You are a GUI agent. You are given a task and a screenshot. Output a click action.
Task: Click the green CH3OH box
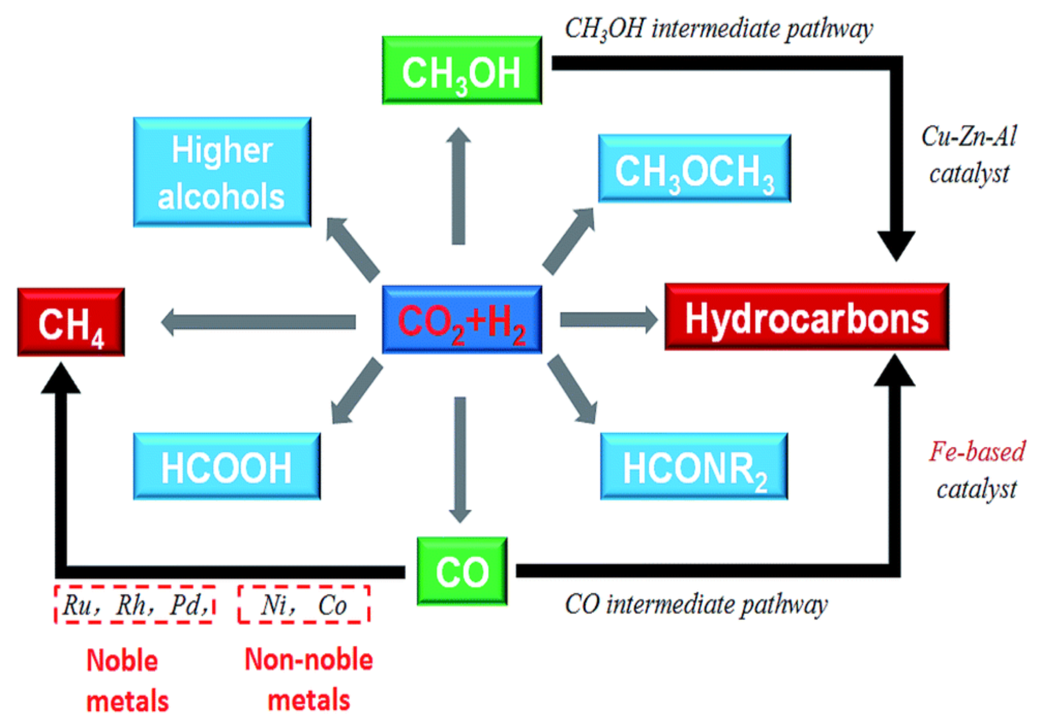(462, 71)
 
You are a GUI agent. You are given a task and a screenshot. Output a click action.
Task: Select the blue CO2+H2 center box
(462, 319)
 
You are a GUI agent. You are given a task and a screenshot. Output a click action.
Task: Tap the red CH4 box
(71, 323)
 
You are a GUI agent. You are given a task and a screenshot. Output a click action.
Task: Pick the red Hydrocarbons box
(806, 317)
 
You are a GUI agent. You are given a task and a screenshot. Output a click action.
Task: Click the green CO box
(462, 571)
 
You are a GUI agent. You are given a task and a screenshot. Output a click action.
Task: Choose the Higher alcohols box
(222, 172)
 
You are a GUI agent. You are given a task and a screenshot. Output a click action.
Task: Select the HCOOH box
(226, 467)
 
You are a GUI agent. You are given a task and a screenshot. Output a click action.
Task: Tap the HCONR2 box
(694, 467)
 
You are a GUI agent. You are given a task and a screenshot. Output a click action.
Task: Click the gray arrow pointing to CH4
(259, 321)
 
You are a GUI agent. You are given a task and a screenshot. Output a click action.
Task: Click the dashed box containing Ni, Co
(304, 604)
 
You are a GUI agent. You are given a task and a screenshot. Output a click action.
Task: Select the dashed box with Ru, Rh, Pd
(134, 604)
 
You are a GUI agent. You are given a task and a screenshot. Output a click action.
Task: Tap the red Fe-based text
(977, 452)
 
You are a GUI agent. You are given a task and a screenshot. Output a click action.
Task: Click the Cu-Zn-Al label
(969, 136)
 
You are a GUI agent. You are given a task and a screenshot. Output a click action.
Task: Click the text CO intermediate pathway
(696, 604)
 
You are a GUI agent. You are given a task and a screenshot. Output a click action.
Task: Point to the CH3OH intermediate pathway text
(719, 29)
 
